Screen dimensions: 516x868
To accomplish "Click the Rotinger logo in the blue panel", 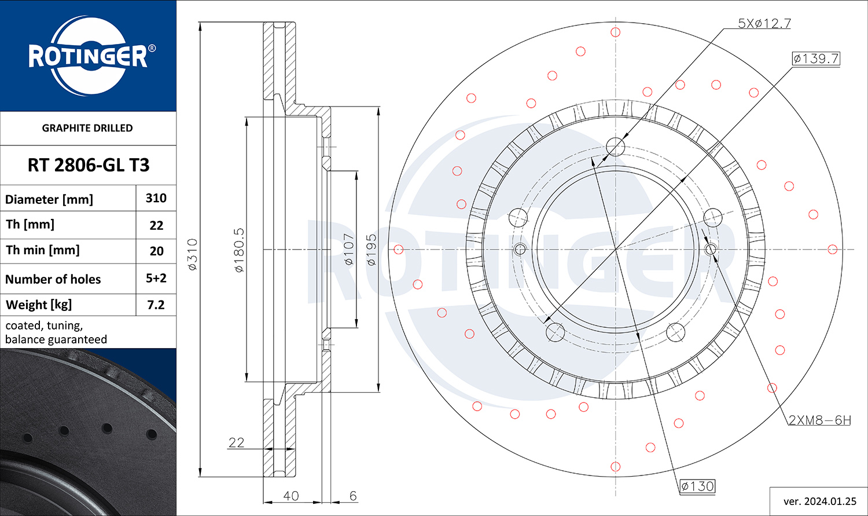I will pos(89,56).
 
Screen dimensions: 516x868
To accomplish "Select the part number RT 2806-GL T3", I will pos(89,165).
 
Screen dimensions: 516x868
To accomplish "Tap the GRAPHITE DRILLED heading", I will pos(87,128).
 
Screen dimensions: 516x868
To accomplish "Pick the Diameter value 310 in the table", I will pos(156,198).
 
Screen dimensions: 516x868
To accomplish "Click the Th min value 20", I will pos(156,251).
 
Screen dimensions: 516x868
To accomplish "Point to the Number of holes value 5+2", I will pos(156,278).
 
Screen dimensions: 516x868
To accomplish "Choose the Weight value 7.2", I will pos(156,305).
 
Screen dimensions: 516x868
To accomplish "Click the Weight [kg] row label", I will pos(39,305).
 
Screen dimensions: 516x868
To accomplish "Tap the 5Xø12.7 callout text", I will pos(764,24).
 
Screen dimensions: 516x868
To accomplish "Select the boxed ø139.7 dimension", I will pos(816,58).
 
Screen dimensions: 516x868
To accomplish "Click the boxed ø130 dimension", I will pos(697,486).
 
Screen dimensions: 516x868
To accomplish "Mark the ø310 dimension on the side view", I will pos(193,255).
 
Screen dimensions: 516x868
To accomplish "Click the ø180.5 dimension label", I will pos(239,250).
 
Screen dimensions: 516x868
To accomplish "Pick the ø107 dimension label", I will pos(348,250).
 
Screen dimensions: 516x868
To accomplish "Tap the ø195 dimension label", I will pos(372,250).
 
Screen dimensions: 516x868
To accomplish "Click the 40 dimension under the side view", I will pos(291,496).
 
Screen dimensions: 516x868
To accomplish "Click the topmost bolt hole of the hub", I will pos(615,147).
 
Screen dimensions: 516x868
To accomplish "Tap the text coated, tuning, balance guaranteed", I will pos(56,332).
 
